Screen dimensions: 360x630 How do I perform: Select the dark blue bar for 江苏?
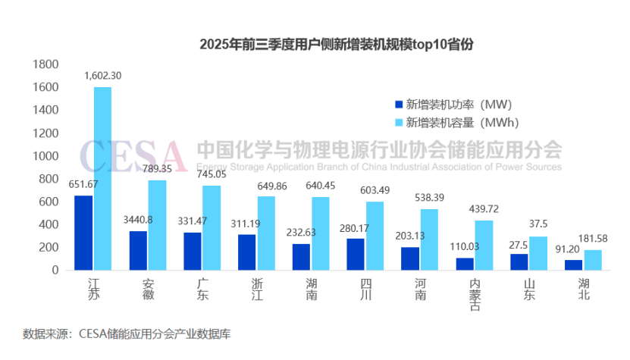pyautogui.click(x=83, y=233)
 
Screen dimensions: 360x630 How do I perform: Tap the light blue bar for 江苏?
pyautogui.click(x=102, y=178)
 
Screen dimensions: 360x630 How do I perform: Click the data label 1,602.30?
pyautogui.click(x=102, y=76)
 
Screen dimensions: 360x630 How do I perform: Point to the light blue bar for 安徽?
pyautogui.click(x=157, y=224)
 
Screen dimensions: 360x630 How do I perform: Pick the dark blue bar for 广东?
pyautogui.click(x=193, y=251)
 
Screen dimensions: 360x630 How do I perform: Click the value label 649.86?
pyautogui.click(x=265, y=185)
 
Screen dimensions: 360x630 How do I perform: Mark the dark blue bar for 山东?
pyautogui.click(x=519, y=261)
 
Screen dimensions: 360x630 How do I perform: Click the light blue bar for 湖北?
pyautogui.click(x=593, y=259)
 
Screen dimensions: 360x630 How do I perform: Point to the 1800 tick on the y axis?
pyautogui.click(x=48, y=64)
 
